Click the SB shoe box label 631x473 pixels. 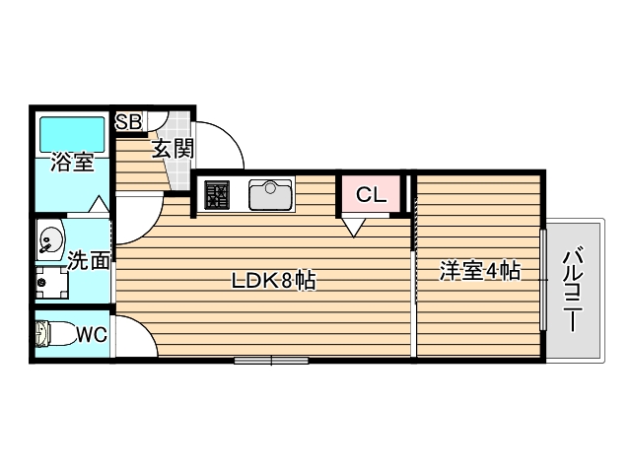click(x=129, y=122)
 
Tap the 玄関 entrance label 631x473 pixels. click(x=172, y=151)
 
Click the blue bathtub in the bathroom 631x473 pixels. click(x=72, y=132)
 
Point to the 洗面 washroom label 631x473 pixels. click(x=89, y=260)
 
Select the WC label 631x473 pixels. click(x=92, y=335)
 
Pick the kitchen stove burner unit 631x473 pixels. click(x=217, y=194)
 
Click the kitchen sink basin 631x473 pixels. click(x=269, y=194)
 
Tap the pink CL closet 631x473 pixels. click(x=371, y=194)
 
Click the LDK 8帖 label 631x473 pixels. click(x=273, y=281)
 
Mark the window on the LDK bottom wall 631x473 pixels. click(x=271, y=361)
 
